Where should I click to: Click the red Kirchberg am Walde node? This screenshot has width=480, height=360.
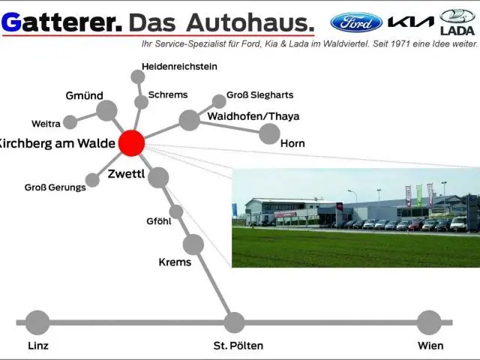point(132,142)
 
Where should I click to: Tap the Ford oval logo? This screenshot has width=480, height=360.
point(356,22)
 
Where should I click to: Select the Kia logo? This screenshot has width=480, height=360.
point(411,22)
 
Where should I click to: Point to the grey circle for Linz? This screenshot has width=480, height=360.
point(37,322)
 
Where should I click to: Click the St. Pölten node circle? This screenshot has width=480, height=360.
point(235,322)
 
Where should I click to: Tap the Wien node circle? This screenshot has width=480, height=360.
point(429,322)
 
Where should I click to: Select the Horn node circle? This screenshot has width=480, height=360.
point(269,133)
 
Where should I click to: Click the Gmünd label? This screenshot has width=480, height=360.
point(84,95)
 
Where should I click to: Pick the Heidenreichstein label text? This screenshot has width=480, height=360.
point(179,66)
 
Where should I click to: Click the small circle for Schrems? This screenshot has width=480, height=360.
point(141,102)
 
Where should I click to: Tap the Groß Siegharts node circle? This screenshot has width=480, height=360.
point(219,100)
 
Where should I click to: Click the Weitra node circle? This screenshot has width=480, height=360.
point(70,122)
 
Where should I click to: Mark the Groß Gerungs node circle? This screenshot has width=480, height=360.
point(92,180)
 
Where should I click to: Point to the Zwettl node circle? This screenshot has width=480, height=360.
point(158,178)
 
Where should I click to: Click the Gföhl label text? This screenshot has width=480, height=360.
point(159,221)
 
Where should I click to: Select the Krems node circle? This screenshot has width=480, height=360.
point(193,244)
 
